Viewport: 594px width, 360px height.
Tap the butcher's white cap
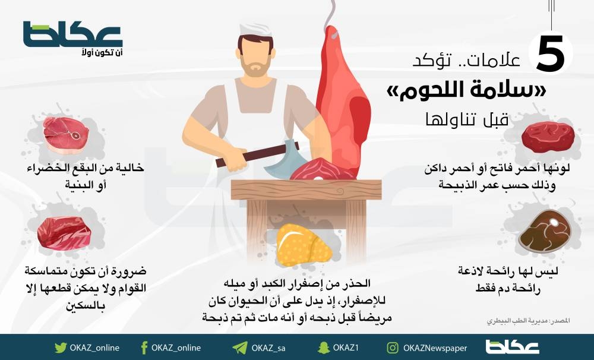pyautogui.click(x=255, y=30)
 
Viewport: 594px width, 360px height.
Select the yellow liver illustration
pyautogui.click(x=303, y=244)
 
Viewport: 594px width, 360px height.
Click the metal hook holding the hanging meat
pyautogui.click(x=332, y=19)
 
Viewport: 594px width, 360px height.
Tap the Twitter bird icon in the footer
pyautogui.click(x=60, y=348)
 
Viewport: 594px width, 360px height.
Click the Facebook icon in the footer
pyautogui.click(x=144, y=348)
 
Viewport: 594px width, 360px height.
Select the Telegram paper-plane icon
pyautogui.click(x=239, y=348)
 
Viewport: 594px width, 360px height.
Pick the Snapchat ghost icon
pyautogui.click(x=324, y=348)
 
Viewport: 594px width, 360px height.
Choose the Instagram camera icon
pyautogui.click(x=393, y=348)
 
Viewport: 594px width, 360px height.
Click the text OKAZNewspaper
pyautogui.click(x=435, y=348)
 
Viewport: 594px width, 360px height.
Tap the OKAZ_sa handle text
pyautogui.click(x=268, y=348)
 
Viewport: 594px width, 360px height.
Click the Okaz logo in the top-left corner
pyautogui.click(x=72, y=38)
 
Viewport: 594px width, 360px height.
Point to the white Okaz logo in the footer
pyautogui.click(x=512, y=347)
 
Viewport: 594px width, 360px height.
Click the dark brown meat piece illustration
pyautogui.click(x=545, y=231)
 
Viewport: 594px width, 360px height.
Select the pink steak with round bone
pyautogui.click(x=66, y=134)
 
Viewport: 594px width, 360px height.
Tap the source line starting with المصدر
pyautogui.click(x=528, y=321)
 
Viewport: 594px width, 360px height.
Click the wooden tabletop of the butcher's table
pyautogui.click(x=306, y=190)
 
